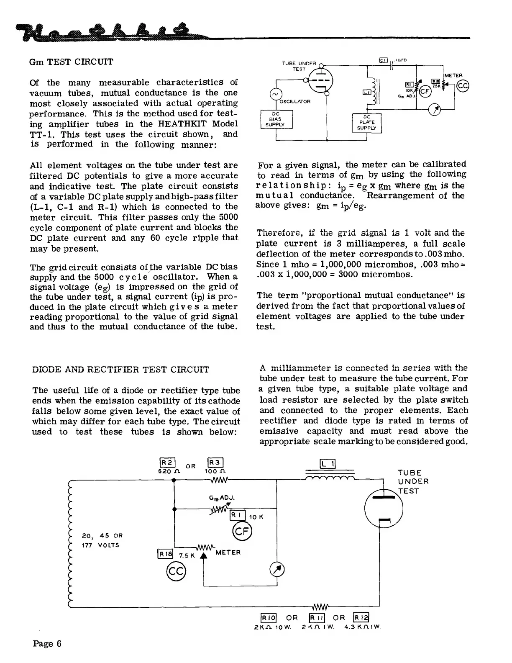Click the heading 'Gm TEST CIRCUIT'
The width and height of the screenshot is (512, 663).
click(71, 62)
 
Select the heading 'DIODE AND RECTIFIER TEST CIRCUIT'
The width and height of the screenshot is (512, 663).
click(120, 370)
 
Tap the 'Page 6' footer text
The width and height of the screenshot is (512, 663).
click(47, 643)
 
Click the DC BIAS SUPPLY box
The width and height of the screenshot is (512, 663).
click(276, 119)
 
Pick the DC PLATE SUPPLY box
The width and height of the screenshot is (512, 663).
click(367, 123)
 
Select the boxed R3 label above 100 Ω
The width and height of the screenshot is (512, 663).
click(215, 463)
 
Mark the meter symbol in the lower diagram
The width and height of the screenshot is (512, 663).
click(280, 569)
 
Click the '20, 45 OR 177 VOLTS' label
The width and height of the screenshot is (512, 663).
click(102, 540)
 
